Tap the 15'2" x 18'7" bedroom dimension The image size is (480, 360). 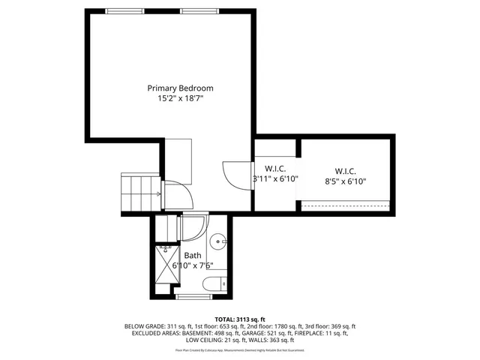click(x=180, y=98)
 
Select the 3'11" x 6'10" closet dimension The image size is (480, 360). click(x=275, y=179)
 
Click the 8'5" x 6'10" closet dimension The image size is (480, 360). click(x=346, y=181)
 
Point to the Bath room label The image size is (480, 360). click(x=193, y=255)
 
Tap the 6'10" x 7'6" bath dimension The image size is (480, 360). click(x=193, y=265)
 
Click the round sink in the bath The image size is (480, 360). click(x=217, y=241)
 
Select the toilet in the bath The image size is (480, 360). click(x=214, y=283)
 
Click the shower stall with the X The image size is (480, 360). click(x=167, y=268)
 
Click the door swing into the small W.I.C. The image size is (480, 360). click(x=235, y=175)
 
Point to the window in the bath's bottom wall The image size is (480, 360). click(x=193, y=297)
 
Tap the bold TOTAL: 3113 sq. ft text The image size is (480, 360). click(x=240, y=319)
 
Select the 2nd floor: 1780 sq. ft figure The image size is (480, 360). click(x=267, y=326)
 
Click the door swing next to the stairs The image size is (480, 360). click(x=178, y=194)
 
